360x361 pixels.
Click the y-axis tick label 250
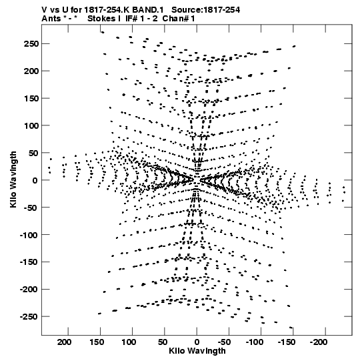(31, 44)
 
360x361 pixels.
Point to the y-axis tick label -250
(29, 316)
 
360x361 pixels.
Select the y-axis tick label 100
(31, 125)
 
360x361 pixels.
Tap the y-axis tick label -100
(29, 235)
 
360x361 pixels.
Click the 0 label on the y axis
(35, 180)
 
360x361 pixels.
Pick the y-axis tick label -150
(29, 262)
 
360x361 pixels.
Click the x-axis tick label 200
(65, 342)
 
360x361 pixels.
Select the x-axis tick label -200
(319, 342)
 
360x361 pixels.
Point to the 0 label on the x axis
(197, 342)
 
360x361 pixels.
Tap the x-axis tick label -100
(254, 342)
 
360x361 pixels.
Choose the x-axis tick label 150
(97, 342)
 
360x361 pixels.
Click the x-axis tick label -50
(224, 342)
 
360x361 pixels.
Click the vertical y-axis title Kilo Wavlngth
(13, 179)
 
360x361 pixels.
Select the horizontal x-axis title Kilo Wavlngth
(197, 350)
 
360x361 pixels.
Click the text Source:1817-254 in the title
(206, 10)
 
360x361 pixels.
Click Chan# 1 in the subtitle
(179, 19)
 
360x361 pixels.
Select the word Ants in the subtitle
(51, 19)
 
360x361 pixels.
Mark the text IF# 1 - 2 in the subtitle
(142, 19)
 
